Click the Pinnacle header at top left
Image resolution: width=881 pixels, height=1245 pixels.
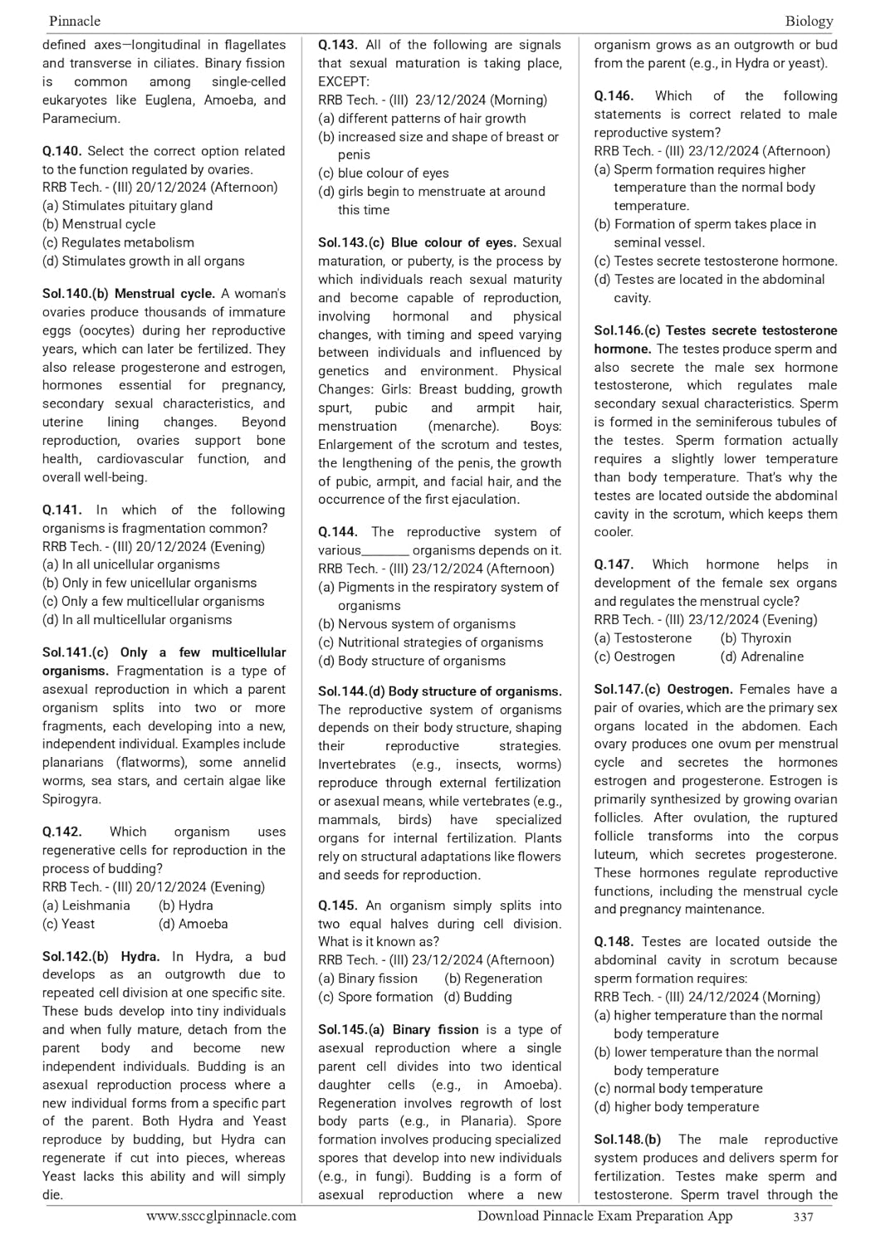pyautogui.click(x=75, y=21)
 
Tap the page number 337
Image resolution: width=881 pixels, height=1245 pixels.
pyautogui.click(x=803, y=1217)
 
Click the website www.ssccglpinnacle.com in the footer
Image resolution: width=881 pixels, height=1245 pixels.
pyautogui.click(x=221, y=1216)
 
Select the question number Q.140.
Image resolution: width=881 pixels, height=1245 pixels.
pyautogui.click(x=62, y=151)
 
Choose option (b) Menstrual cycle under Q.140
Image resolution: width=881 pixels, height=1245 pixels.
pyautogui.click(x=99, y=224)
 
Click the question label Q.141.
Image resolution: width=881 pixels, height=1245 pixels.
pyautogui.click(x=62, y=510)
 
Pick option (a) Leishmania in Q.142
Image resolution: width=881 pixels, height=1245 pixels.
pyautogui.click(x=86, y=906)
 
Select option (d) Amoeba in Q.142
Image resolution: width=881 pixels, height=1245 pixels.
pyautogui.click(x=193, y=924)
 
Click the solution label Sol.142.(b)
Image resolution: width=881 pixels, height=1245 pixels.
pyautogui.click(x=76, y=956)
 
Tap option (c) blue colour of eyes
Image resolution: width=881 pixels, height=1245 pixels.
pyautogui.click(x=383, y=173)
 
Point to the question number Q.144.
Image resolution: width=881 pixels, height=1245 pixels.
pyautogui.click(x=338, y=532)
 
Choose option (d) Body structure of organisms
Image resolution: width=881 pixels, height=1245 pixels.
pyautogui.click(x=411, y=661)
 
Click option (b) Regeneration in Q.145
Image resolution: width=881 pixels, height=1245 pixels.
pyautogui.click(x=493, y=979)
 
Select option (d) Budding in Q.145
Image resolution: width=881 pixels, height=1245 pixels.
pyautogui.click(x=477, y=997)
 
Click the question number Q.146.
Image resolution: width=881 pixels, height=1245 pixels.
pyautogui.click(x=614, y=96)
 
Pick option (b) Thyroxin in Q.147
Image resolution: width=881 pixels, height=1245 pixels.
pyautogui.click(x=756, y=638)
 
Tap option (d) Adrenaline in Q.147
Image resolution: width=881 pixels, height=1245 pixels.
pyautogui.click(x=761, y=657)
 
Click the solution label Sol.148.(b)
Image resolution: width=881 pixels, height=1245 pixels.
pyautogui.click(x=628, y=1140)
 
